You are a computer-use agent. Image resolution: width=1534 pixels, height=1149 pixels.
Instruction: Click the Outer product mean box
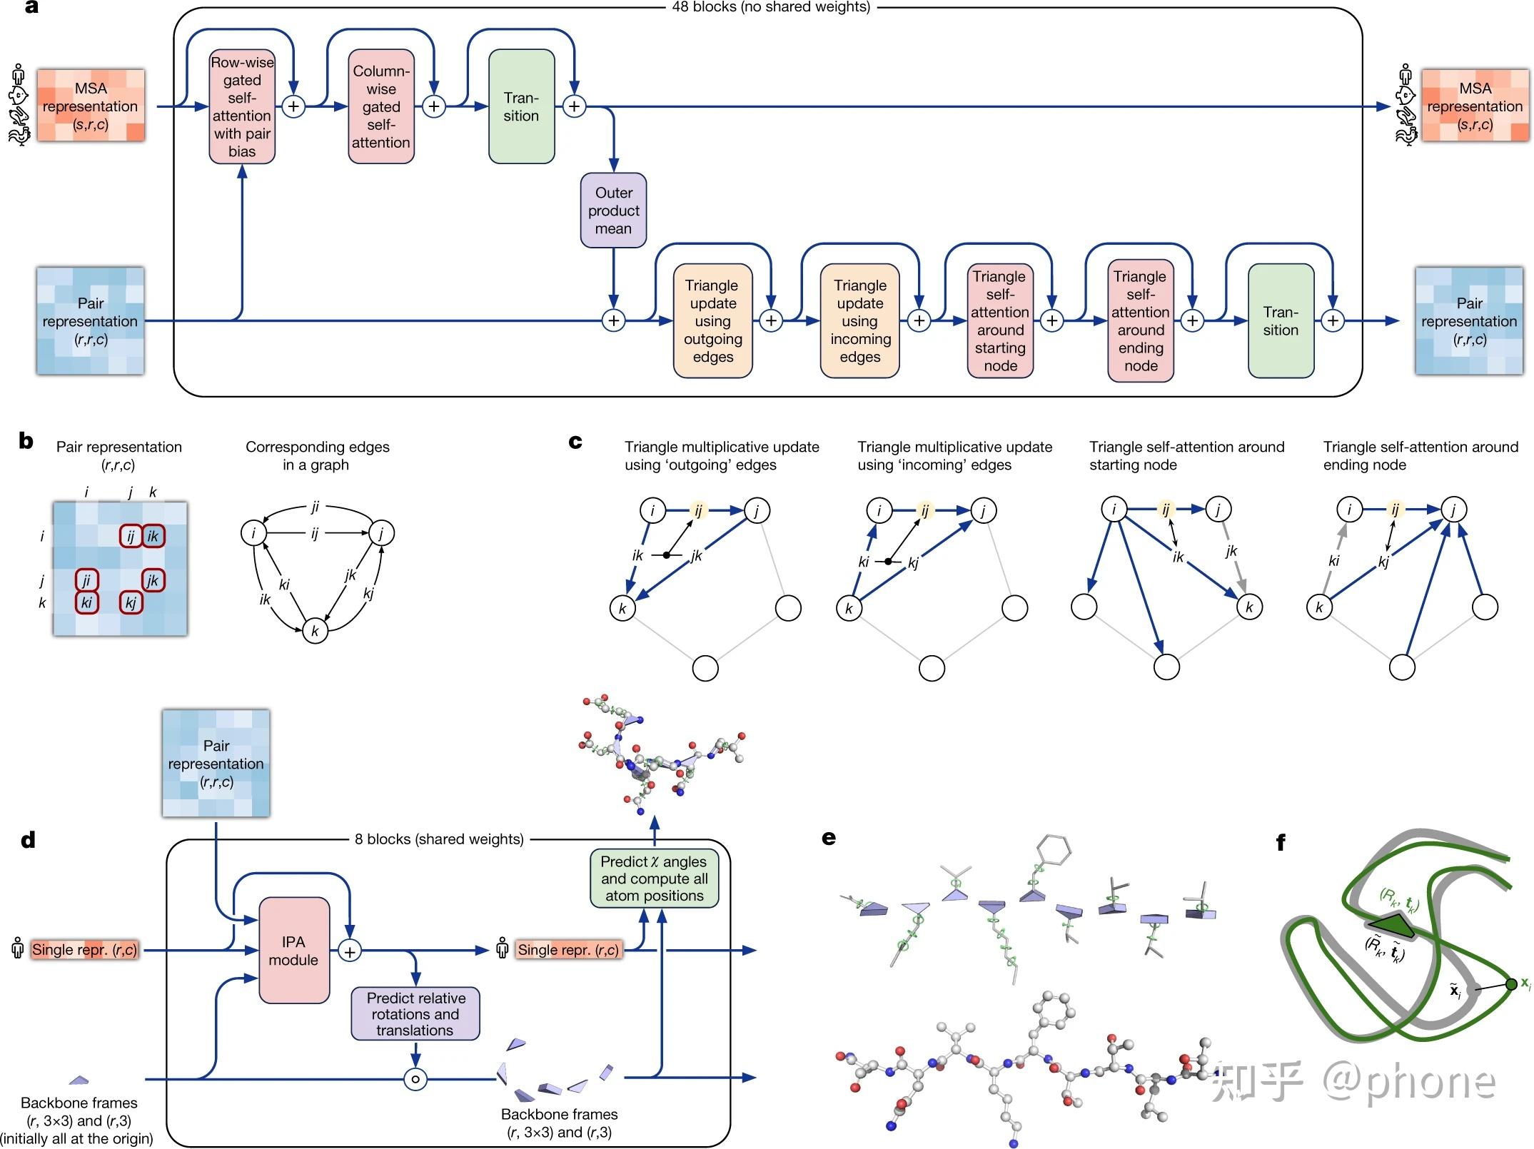[613, 211]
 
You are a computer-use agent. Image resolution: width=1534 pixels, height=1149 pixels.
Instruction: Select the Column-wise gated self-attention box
[381, 106]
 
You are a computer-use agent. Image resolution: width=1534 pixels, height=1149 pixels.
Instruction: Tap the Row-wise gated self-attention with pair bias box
[242, 106]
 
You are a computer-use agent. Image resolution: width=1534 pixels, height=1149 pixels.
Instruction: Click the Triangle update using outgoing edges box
[712, 320]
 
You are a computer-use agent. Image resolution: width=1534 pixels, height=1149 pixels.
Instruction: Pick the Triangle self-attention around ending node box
[1140, 320]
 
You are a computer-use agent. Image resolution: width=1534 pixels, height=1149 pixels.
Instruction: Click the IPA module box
[293, 951]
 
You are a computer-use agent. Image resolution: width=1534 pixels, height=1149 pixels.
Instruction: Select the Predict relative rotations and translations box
[415, 1013]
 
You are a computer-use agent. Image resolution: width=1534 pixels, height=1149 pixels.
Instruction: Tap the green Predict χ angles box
[654, 879]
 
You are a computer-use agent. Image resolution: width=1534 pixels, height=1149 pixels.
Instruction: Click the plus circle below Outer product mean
[613, 320]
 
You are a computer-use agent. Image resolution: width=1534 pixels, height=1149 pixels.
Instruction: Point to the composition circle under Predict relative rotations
[415, 1078]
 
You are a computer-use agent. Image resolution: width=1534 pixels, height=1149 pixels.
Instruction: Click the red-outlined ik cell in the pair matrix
[153, 536]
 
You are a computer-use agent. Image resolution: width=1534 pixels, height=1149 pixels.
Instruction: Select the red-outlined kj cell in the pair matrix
[131, 602]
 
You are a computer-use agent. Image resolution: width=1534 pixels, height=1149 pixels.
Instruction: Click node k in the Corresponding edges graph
[315, 631]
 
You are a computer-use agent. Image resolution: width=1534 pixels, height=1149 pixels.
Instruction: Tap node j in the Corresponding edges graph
[381, 533]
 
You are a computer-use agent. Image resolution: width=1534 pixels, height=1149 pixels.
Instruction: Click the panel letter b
[26, 441]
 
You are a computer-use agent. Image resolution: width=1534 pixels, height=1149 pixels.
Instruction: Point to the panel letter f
[1281, 843]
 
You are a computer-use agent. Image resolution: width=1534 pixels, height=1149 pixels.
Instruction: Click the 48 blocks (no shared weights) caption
[771, 7]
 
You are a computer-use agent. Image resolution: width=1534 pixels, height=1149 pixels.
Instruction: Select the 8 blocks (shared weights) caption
[439, 839]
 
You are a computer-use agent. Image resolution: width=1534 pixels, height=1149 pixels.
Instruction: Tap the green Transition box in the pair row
[1281, 320]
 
